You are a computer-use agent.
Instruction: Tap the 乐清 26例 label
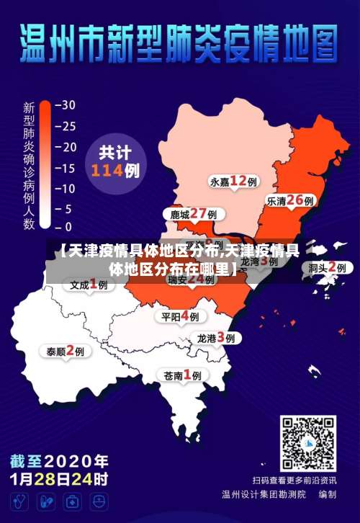(291, 201)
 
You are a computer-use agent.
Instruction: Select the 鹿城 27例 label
(193, 215)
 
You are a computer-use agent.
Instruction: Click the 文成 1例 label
(89, 285)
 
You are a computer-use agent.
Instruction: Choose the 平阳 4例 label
(181, 316)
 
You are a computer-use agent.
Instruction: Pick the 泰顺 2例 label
(66, 352)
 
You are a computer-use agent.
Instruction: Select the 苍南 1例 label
(182, 375)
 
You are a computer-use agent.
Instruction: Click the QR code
(308, 443)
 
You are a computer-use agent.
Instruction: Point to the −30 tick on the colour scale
(66, 104)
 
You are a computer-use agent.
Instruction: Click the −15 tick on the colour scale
(66, 168)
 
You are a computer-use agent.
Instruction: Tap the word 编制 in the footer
(327, 495)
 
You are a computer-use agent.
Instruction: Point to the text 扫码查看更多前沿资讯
(294, 480)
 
